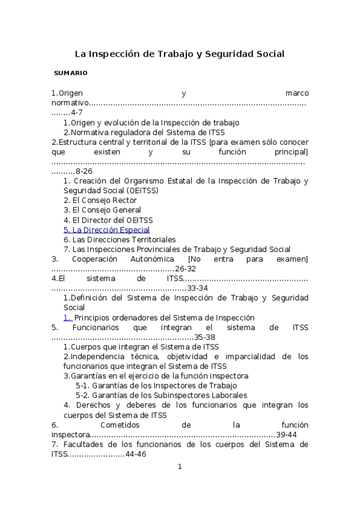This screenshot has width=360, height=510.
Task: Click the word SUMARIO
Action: [70, 73]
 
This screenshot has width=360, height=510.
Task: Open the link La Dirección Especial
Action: [106, 230]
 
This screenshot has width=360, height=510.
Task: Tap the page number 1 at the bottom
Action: [179, 467]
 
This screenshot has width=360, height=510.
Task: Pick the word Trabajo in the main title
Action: [174, 54]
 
